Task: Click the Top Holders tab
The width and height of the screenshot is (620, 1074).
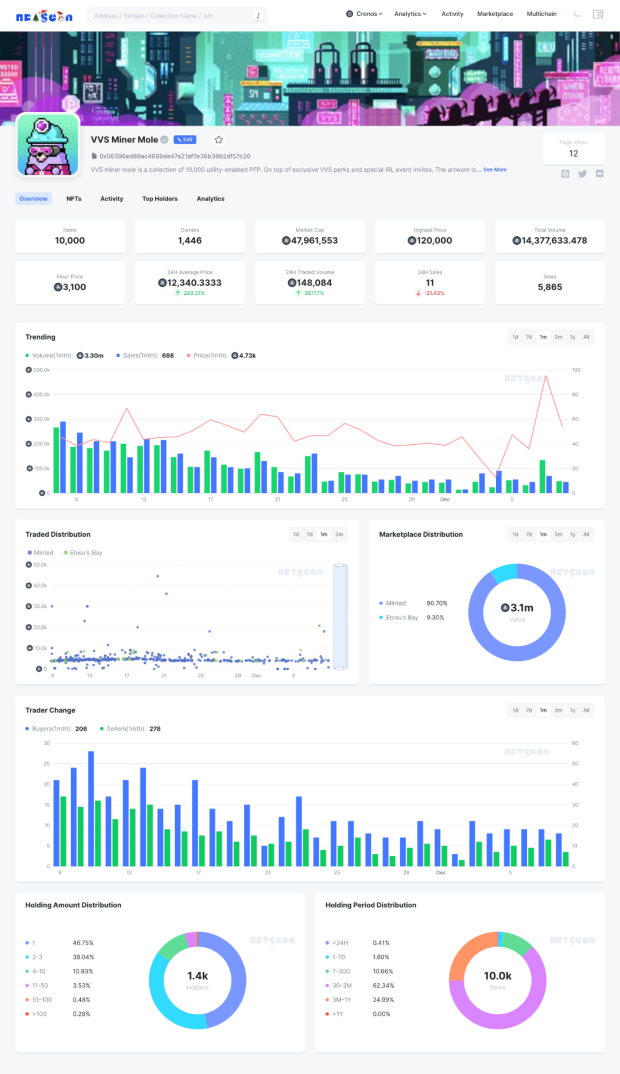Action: (160, 199)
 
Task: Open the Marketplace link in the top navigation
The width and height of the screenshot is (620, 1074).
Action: (495, 14)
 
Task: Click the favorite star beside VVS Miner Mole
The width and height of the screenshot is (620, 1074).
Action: (219, 140)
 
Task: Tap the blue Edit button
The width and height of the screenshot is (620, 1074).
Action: (185, 140)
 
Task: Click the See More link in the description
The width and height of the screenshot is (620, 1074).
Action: (495, 170)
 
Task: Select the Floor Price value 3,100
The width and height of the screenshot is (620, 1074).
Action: (70, 287)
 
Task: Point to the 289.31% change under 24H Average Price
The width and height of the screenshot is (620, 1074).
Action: (193, 293)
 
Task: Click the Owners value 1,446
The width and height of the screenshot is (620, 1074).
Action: (189, 241)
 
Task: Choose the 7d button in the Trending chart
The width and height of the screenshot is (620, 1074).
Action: (529, 337)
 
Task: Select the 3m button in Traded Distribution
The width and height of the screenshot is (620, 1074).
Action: (339, 534)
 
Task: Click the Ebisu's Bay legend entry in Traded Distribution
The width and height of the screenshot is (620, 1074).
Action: (86, 553)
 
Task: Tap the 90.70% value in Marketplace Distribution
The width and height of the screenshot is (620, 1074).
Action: (437, 603)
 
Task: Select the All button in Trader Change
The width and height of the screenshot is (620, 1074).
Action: (586, 710)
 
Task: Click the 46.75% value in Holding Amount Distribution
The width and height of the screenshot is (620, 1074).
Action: (83, 943)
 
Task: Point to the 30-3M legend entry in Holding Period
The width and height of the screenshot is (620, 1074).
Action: (342, 986)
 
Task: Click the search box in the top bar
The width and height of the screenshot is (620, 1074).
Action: (172, 16)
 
